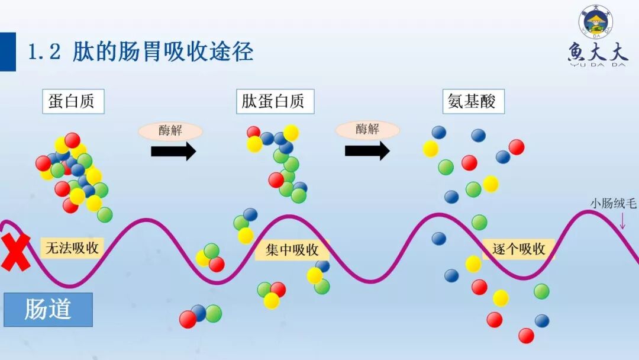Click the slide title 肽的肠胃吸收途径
(163, 52)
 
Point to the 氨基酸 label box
(473, 101)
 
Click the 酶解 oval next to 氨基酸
(367, 130)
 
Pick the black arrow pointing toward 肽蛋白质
(173, 152)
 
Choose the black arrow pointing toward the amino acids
(367, 150)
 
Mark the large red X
(15, 252)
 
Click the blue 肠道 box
(48, 309)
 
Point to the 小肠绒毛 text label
(613, 204)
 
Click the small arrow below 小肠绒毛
(622, 220)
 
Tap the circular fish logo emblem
(596, 22)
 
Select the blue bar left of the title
(8, 52)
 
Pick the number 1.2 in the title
(45, 52)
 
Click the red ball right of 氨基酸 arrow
(517, 147)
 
